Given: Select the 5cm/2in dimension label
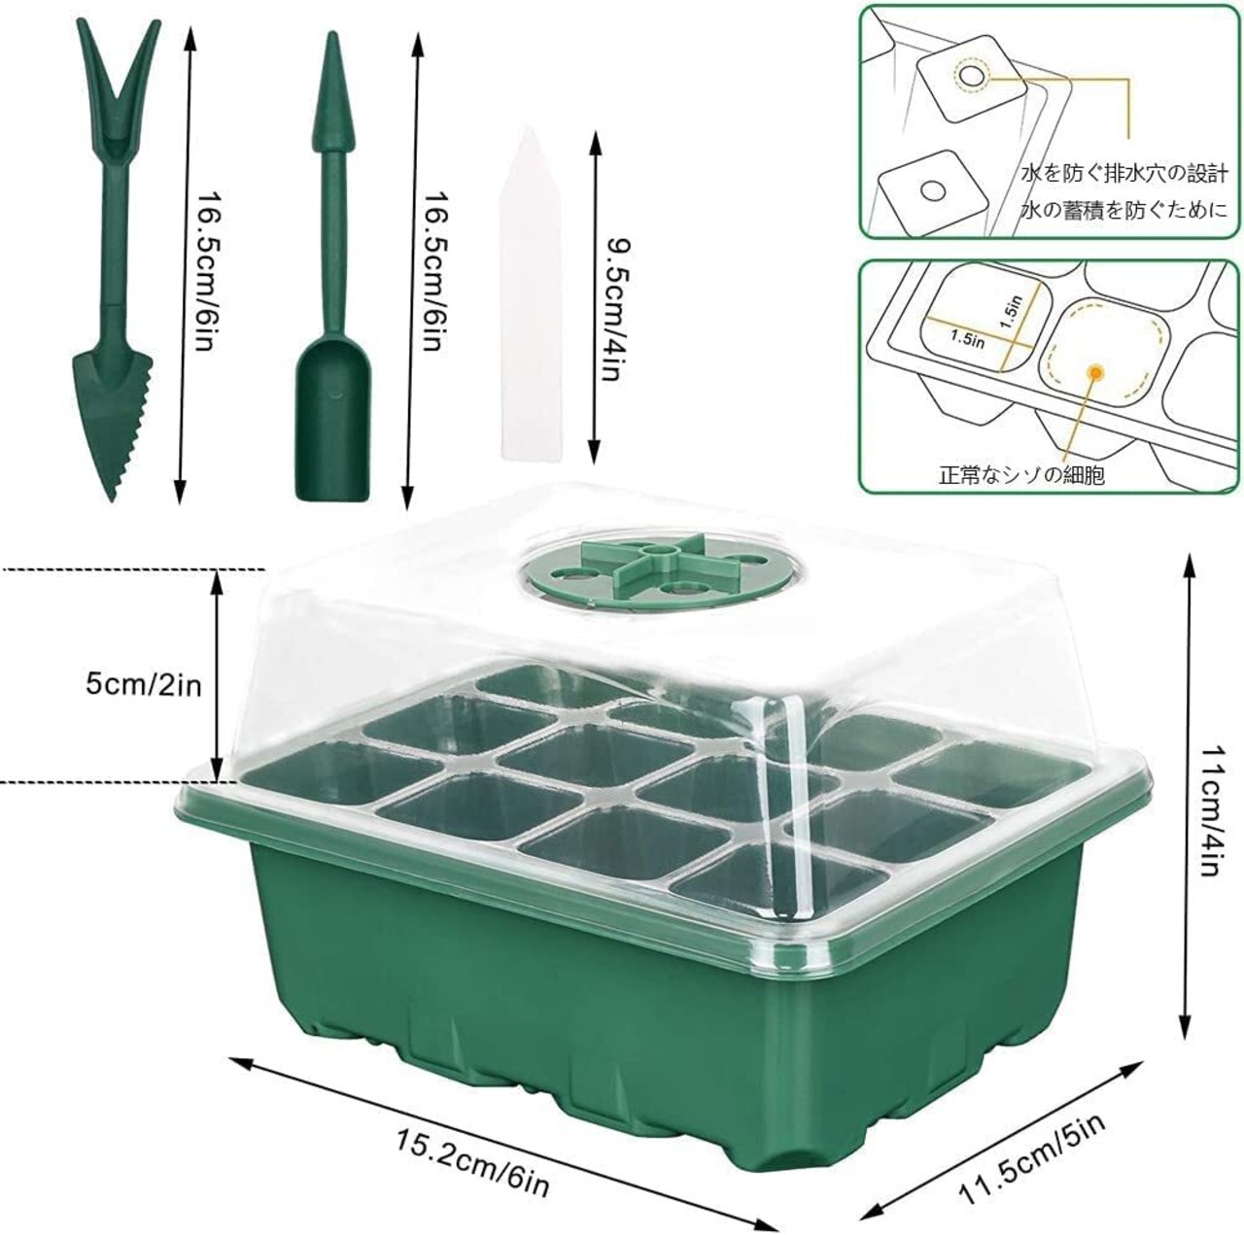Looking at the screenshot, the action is click(x=144, y=684).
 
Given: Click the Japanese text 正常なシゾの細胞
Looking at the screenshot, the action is click(x=1021, y=476).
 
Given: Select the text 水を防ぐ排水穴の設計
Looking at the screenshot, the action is click(x=1123, y=173).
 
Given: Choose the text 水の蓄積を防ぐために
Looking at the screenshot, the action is click(x=1123, y=210).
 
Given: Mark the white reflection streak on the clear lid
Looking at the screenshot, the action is click(x=795, y=793).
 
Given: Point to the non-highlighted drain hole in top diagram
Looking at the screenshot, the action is click(x=932, y=190).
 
